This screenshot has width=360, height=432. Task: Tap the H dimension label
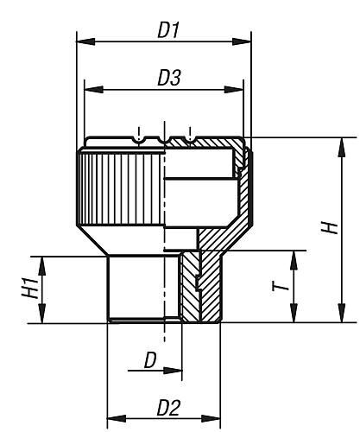tap(329, 227)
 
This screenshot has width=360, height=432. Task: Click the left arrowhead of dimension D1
tap(82, 40)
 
